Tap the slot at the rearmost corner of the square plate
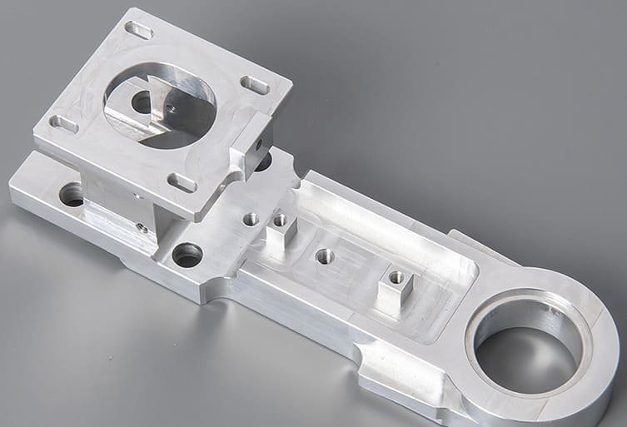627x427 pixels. [x=139, y=32]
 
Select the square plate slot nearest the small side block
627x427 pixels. [x=253, y=84]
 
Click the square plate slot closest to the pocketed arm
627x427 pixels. [x=181, y=181]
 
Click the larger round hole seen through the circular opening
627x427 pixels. [x=140, y=101]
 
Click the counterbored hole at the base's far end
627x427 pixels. [x=72, y=198]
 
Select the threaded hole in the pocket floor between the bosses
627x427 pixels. [x=325, y=256]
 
